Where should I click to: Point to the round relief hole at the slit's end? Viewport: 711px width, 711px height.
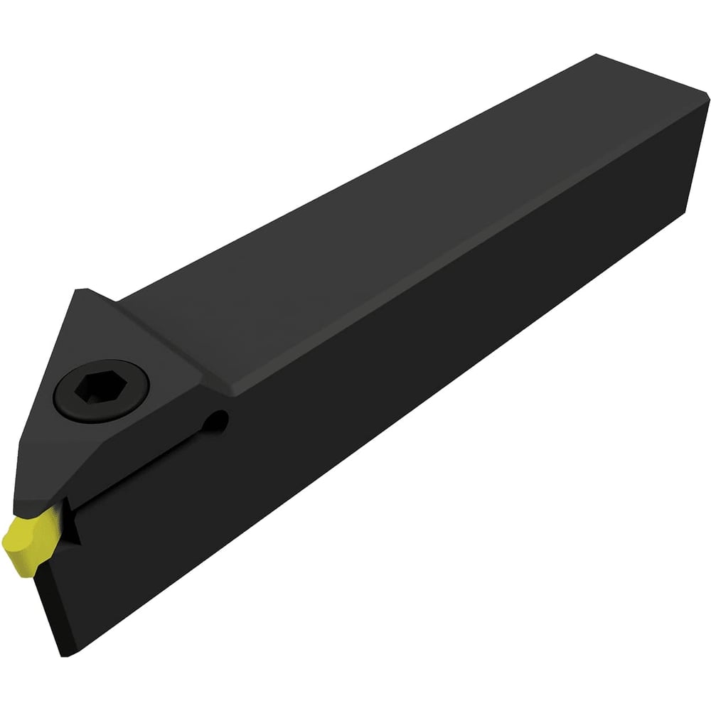coord(221,422)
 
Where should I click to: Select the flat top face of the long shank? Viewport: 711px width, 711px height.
coord(398,213)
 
